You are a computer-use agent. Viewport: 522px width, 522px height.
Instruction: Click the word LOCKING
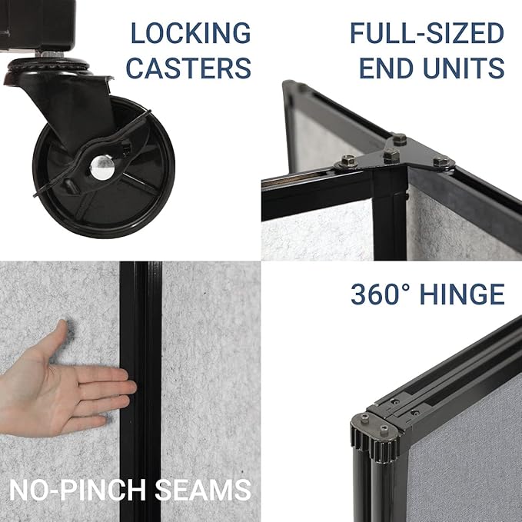pos(189,34)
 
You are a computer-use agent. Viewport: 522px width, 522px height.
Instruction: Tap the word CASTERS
pos(188,68)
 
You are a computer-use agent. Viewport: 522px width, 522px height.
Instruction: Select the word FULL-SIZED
pos(427,34)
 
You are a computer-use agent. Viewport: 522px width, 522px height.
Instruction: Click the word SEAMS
pos(208,489)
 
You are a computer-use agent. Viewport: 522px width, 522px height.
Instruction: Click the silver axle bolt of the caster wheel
pos(100,163)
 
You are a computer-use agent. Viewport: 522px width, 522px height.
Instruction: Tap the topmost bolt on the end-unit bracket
pos(399,140)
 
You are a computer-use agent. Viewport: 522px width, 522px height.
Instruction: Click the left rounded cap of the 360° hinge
pos(363,421)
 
